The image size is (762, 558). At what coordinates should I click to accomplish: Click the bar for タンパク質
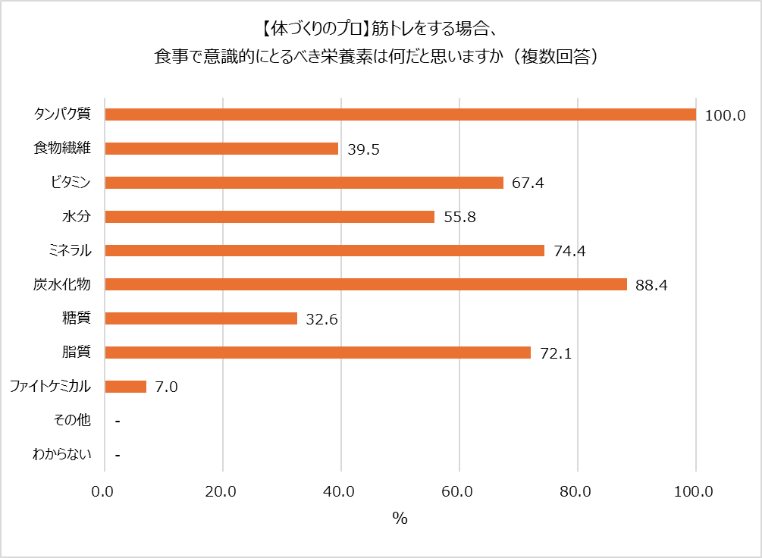(400, 114)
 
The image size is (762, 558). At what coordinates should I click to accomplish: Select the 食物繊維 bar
(221, 149)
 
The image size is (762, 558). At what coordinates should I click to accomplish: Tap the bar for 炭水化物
(365, 284)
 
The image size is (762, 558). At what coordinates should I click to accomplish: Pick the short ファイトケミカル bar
(125, 387)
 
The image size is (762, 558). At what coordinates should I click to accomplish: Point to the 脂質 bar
(318, 353)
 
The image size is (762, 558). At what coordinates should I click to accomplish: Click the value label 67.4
(528, 183)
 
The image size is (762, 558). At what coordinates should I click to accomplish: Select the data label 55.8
(459, 218)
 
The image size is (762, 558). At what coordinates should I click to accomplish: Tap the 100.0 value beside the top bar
(726, 116)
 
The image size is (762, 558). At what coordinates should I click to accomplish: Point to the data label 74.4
(569, 252)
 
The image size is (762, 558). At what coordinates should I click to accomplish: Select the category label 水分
(77, 217)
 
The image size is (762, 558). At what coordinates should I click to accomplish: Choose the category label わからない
(61, 455)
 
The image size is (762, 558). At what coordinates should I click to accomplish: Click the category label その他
(73, 421)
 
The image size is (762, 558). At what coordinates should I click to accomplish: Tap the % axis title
(400, 519)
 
